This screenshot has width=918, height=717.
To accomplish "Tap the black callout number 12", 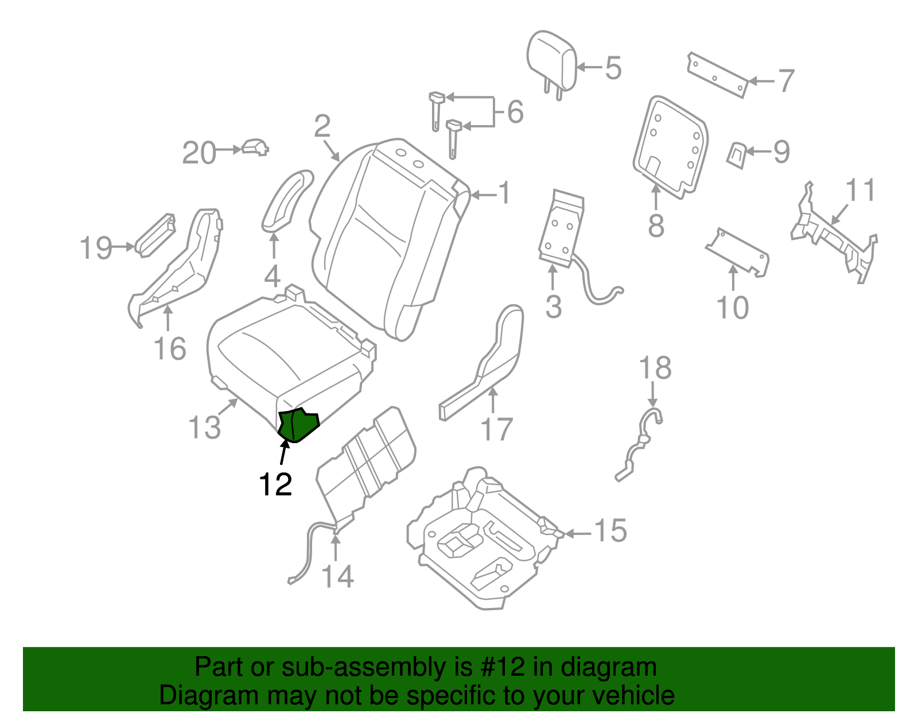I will coord(275,485).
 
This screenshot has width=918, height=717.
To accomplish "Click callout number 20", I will coord(199,153).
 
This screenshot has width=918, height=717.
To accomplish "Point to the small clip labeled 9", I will coord(737,154).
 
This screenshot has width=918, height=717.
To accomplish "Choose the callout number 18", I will coord(655,368).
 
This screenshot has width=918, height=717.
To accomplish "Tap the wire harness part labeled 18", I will coord(640,445).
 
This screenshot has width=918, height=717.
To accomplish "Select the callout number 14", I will coord(337,576).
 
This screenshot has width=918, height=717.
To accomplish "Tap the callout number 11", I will coord(861,190).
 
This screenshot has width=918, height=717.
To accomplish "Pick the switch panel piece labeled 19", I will coord(155,235).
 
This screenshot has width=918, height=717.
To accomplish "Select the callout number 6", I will coord(515,111).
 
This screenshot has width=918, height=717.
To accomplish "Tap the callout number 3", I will coord(553,307).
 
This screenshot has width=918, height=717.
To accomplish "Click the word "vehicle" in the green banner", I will coord(633,696).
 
